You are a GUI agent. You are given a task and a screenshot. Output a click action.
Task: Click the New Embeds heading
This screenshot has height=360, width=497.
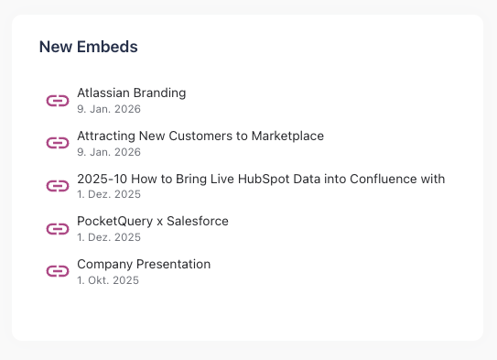(x=88, y=47)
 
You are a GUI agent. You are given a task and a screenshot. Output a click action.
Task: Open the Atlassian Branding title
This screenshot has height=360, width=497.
(x=131, y=93)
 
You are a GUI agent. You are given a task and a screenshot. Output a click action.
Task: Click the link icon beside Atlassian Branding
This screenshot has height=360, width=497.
(x=58, y=100)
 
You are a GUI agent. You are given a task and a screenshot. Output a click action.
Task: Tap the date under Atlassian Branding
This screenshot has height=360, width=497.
(x=108, y=109)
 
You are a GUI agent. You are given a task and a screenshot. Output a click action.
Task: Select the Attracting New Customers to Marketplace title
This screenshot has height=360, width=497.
(x=200, y=136)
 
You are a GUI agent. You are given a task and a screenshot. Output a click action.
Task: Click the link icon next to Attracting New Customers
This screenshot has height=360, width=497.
(x=58, y=143)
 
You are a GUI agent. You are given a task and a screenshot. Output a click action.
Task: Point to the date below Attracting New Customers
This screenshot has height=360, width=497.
(x=108, y=152)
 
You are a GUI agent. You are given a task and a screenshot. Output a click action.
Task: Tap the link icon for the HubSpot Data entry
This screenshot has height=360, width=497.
(x=58, y=186)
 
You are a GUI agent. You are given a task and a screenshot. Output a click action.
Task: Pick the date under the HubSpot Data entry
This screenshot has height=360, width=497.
(x=109, y=195)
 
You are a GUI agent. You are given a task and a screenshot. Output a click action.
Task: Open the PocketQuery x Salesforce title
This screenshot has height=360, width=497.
(x=152, y=221)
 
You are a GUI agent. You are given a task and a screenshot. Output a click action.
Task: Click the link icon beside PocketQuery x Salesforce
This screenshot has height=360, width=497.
(x=58, y=228)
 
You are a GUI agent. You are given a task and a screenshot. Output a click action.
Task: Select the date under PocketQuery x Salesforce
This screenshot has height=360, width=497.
(x=109, y=237)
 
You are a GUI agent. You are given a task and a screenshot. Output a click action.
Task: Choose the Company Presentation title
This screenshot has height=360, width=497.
(x=144, y=264)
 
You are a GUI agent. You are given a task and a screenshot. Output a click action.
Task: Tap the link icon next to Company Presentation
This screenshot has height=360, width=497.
(x=58, y=271)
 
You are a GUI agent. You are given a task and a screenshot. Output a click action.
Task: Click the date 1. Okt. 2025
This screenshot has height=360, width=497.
(x=108, y=280)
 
